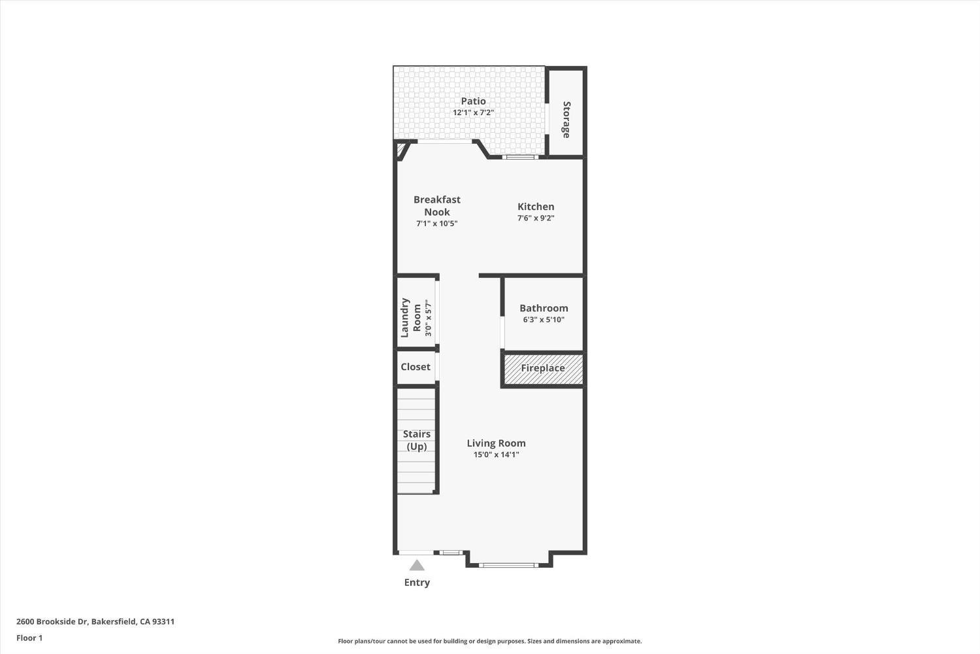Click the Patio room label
[473, 101]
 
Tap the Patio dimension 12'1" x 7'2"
[473, 112]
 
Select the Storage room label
[566, 120]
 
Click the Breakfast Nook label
[437, 205]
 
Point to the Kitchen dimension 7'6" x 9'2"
[536, 218]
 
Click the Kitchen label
[536, 207]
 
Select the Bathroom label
[544, 308]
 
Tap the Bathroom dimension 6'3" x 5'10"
[544, 320]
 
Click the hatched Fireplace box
[543, 368]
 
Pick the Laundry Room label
[411, 318]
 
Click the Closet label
[416, 367]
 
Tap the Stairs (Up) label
[416, 440]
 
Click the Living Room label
[496, 443]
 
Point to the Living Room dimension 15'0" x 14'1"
[496, 455]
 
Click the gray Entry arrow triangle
[417, 566]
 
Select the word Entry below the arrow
[417, 583]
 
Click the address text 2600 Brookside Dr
[95, 622]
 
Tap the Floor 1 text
[29, 638]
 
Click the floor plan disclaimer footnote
[489, 642]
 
